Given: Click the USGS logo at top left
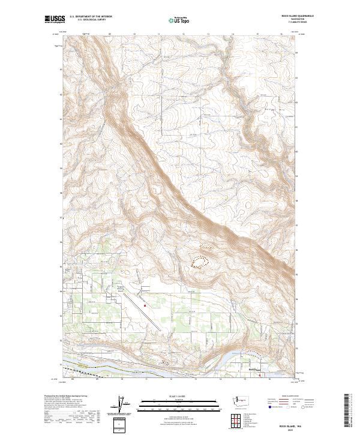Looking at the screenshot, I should pyautogui.click(x=56, y=19).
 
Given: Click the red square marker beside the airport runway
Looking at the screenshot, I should pyautogui.click(x=145, y=305).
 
